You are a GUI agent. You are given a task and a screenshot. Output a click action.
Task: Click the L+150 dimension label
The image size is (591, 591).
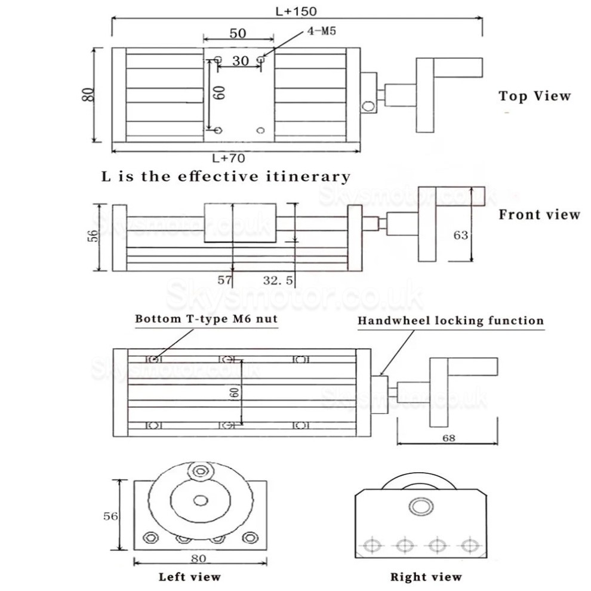(x=296, y=10)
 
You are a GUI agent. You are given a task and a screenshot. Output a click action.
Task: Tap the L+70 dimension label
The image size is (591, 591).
(x=229, y=158)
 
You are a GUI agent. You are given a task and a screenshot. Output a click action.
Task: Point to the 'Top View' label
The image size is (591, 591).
(x=534, y=96)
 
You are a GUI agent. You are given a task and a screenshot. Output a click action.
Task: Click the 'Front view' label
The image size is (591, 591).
(x=539, y=214)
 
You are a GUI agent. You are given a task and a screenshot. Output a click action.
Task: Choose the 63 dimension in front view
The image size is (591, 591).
(x=460, y=235)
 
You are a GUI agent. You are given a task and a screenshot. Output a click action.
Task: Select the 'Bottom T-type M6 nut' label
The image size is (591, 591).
(x=206, y=319)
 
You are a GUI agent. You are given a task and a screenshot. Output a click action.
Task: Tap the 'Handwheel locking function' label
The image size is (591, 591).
(x=451, y=321)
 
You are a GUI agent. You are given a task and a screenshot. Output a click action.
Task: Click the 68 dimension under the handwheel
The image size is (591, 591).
(x=448, y=438)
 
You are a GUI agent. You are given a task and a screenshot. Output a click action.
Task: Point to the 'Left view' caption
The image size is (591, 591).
(x=189, y=577)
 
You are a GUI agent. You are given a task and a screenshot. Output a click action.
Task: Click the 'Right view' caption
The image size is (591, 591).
(x=426, y=577)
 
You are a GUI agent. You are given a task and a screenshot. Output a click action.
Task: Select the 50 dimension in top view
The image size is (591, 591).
(x=238, y=33)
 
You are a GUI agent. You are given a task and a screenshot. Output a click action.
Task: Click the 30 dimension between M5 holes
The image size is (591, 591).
(x=241, y=61)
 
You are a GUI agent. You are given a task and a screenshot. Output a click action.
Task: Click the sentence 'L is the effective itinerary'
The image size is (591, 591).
(x=225, y=177)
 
